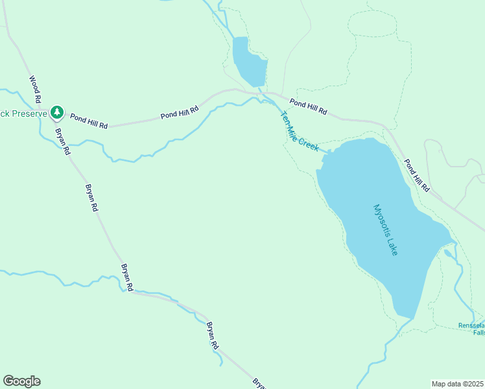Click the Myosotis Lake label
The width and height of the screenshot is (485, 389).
385,230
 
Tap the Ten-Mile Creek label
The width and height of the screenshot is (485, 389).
299,132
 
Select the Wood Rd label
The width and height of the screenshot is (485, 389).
35,89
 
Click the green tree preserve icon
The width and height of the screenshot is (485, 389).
57,113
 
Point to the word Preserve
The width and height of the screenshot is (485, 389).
29,113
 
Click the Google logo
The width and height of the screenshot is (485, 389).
21,381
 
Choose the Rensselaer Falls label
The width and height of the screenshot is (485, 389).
471,329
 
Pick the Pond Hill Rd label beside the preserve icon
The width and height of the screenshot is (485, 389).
89,120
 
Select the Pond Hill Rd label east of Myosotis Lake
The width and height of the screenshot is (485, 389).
417,175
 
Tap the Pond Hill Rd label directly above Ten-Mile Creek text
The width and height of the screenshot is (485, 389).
308,107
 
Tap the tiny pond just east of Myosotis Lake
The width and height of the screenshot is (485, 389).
449,253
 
